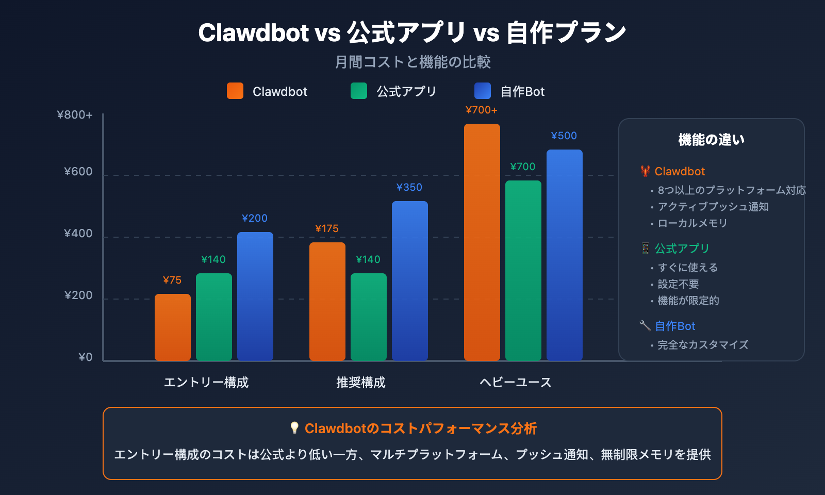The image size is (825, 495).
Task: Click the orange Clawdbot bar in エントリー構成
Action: coord(173,327)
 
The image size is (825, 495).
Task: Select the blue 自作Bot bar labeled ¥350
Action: coord(410,281)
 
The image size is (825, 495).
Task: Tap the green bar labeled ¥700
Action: coord(523,271)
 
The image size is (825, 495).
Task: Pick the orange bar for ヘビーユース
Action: coord(482,242)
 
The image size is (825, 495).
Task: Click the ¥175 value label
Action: coord(327,228)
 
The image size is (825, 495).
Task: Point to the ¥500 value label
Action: coord(564,136)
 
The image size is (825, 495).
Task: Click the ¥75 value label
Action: coord(172,280)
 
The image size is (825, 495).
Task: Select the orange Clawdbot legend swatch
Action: coord(235,91)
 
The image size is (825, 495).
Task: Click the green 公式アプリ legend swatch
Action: coord(359,91)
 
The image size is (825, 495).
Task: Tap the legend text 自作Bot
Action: coord(522,92)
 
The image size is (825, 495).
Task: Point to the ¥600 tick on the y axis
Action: coord(78,172)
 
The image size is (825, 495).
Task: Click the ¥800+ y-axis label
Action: coord(75,115)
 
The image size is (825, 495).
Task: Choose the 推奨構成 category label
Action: coord(361,382)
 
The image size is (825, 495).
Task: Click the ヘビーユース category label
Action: coord(516,382)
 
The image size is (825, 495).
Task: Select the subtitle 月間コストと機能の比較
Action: coord(412,62)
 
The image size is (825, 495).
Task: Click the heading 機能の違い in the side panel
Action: coord(712,140)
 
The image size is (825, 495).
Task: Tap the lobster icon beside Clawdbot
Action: coord(645,171)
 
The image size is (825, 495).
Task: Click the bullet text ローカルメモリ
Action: coord(692,223)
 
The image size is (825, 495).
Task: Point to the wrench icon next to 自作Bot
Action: coord(645,325)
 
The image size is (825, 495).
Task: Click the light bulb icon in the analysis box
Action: coord(294,428)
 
